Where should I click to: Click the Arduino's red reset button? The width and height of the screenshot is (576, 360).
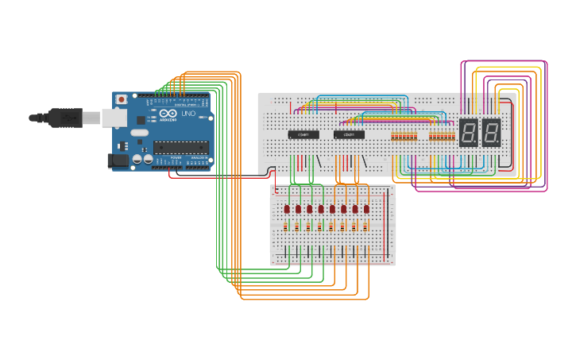[x=122, y=99]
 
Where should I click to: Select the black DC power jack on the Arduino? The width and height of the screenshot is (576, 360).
[x=118, y=161]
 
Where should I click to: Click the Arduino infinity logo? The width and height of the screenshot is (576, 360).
[x=168, y=114]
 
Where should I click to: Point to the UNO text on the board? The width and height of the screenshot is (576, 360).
[x=188, y=114]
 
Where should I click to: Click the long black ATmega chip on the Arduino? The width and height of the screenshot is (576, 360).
[x=181, y=146]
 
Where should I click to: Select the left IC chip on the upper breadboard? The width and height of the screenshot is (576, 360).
[x=303, y=134]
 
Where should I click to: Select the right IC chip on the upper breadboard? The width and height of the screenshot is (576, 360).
[x=349, y=134]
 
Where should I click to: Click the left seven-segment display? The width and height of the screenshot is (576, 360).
[x=469, y=133]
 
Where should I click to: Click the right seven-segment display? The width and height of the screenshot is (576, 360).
[x=492, y=133]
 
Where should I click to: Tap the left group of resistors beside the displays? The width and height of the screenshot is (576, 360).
[x=404, y=136]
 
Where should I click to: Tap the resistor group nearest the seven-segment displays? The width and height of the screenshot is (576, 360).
[x=443, y=136]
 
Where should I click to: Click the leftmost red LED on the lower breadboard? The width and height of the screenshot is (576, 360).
[x=287, y=209]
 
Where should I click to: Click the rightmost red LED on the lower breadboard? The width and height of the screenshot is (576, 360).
[x=367, y=209]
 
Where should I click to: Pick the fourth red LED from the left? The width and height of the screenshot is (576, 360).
[x=322, y=209]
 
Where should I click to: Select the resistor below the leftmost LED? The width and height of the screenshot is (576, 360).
[x=287, y=226]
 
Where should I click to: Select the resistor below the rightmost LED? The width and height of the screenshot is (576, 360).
[x=367, y=226]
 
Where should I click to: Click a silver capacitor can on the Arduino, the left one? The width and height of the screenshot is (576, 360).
[x=137, y=160]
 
